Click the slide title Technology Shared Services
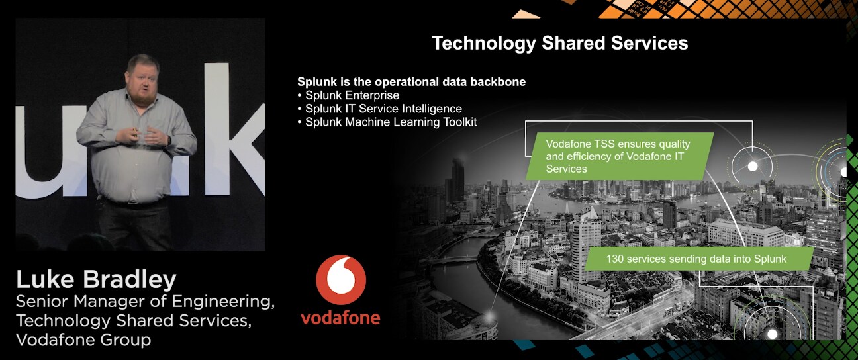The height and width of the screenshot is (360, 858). [x=560, y=43]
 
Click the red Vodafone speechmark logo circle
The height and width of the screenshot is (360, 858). [x=341, y=281]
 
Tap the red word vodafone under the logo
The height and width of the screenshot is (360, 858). [x=340, y=318]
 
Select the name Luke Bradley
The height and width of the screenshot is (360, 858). [x=96, y=280]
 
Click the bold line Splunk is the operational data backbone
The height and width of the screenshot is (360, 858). [x=411, y=82]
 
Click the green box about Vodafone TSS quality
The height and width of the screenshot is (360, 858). [x=620, y=156]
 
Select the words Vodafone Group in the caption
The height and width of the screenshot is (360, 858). [x=83, y=339]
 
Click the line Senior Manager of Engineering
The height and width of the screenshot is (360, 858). [x=145, y=301]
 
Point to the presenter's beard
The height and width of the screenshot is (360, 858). [x=142, y=96]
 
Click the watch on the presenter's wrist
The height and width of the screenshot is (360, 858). [x=169, y=140]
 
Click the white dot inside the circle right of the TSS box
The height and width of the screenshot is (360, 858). [x=753, y=167]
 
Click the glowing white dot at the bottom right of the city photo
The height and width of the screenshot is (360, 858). [x=773, y=334]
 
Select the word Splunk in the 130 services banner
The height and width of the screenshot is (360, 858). [x=770, y=259]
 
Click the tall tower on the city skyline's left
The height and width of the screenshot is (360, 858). [x=457, y=180]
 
